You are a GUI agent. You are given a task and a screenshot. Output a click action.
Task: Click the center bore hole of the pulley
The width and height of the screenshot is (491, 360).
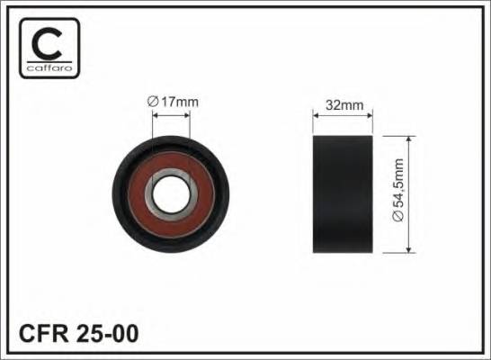click(173, 193)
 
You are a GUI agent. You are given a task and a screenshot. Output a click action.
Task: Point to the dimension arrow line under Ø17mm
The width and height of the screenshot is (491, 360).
click(172, 114)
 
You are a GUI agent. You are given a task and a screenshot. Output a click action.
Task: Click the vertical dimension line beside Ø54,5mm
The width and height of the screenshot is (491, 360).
click(410, 193)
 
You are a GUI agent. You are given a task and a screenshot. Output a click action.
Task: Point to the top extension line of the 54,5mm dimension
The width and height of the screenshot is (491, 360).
click(396, 137)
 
